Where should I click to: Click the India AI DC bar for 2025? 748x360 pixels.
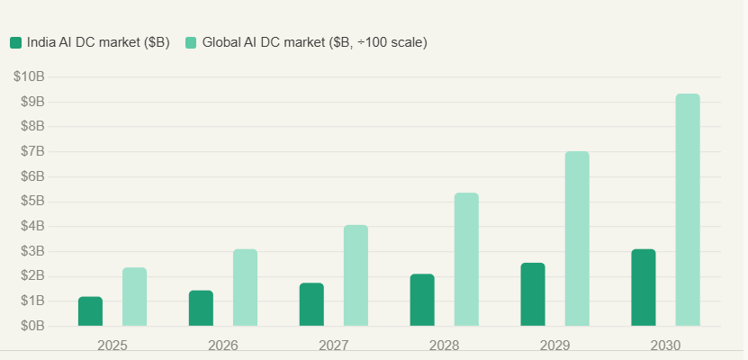(x=90, y=311)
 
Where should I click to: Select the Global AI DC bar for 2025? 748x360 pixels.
(x=134, y=297)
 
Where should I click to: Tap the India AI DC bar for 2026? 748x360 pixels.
(x=201, y=308)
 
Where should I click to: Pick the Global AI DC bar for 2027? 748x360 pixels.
(x=356, y=275)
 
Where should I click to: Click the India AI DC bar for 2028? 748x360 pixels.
(x=422, y=300)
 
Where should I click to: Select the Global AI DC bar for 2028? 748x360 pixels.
(x=466, y=259)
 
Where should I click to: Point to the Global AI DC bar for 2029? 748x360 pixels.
(x=577, y=238)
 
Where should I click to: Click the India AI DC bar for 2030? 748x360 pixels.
(x=644, y=287)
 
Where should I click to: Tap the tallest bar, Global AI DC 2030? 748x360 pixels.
(x=688, y=210)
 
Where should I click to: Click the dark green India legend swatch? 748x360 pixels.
(x=15, y=42)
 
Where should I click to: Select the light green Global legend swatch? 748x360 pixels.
(x=191, y=42)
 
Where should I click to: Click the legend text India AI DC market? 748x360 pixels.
(x=98, y=42)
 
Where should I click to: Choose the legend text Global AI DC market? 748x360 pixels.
(x=314, y=42)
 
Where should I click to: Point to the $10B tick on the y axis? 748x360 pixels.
(x=29, y=76)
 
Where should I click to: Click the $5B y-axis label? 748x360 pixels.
(x=32, y=201)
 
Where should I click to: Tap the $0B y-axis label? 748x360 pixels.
(x=32, y=326)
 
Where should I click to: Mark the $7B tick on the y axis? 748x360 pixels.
(x=32, y=151)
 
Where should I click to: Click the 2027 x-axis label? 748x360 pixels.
(x=334, y=346)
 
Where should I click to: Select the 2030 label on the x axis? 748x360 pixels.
(x=666, y=346)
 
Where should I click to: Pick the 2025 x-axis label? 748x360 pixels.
(x=113, y=346)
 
